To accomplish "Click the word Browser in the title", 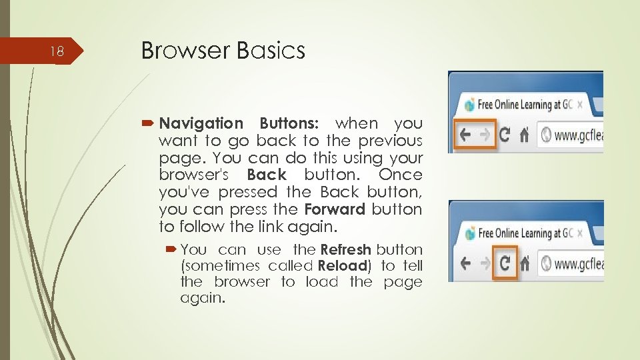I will point(179,51).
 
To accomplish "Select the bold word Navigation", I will point(201,123).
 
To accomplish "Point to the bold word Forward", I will point(335,209).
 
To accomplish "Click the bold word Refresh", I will point(345,250).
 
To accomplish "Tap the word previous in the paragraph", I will point(390,141).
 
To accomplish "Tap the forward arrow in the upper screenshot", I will point(485,135).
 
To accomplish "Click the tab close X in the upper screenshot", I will point(579,105).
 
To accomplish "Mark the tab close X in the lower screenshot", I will point(579,233).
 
